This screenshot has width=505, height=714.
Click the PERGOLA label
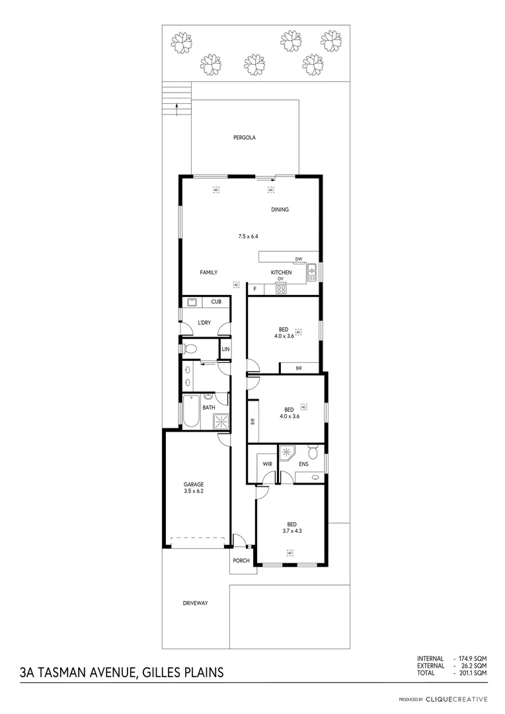tap(244, 138)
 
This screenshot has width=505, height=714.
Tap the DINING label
tap(280, 210)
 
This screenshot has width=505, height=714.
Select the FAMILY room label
tap(209, 272)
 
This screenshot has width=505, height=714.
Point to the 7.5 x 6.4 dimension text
tap(248, 236)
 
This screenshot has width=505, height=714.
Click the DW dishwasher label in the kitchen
tap(299, 258)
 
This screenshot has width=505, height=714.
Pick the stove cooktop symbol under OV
tap(280, 288)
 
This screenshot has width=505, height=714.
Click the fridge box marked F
tap(254, 289)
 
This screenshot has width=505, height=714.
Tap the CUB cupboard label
tap(215, 302)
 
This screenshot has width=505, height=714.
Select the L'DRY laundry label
tap(204, 323)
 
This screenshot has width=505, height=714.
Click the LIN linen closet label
tap(225, 348)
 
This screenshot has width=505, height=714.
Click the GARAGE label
tap(194, 484)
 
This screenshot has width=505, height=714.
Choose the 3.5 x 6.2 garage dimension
tap(194, 491)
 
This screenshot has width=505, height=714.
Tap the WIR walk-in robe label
tap(267, 464)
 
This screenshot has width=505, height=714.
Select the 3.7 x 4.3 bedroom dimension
tap(291, 530)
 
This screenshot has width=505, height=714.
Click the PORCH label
tap(241, 561)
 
